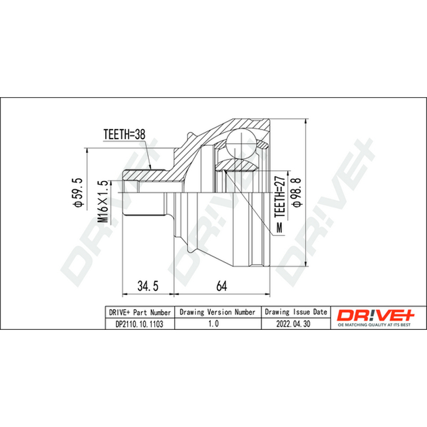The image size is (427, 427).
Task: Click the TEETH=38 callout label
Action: [x=124, y=135]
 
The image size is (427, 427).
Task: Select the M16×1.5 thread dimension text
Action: [x=102, y=201]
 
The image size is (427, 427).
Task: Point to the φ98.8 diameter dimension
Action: [x=297, y=192]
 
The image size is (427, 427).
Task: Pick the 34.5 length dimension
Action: [x=148, y=286]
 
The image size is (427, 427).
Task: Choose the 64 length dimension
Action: [x=222, y=286]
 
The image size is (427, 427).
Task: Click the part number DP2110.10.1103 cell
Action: [x=139, y=324]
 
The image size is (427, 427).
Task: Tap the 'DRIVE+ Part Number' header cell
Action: [x=140, y=312]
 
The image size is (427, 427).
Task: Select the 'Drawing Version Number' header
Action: [x=218, y=312]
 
